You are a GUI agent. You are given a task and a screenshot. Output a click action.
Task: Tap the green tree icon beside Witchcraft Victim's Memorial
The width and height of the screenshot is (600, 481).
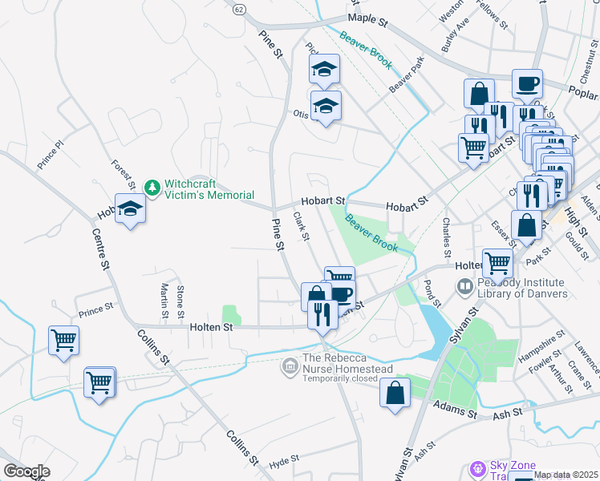pos(152,188)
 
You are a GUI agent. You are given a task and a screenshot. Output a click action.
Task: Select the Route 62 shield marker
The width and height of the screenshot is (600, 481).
pos(239,8)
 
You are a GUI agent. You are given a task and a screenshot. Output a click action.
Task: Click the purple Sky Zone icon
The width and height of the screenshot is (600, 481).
pos(479,467)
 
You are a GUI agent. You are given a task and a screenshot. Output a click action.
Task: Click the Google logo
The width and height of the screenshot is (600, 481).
pos(26,471)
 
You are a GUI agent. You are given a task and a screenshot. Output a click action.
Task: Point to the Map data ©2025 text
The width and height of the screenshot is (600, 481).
pos(566,475)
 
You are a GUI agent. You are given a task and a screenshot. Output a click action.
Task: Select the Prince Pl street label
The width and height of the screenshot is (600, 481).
pos(49,156)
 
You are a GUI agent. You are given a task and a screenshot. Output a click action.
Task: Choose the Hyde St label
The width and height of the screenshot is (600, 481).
pos(284,463)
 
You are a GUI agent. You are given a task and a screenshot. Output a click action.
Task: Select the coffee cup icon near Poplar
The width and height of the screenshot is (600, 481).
pos(527,83)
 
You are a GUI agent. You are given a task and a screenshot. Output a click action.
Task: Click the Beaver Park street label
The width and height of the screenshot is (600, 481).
pos(405,74)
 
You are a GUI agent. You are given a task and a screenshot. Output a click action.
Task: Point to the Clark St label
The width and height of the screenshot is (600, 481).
pos(301,225)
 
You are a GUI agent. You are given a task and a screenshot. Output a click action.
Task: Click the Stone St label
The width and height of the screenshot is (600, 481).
pos(180,299)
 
